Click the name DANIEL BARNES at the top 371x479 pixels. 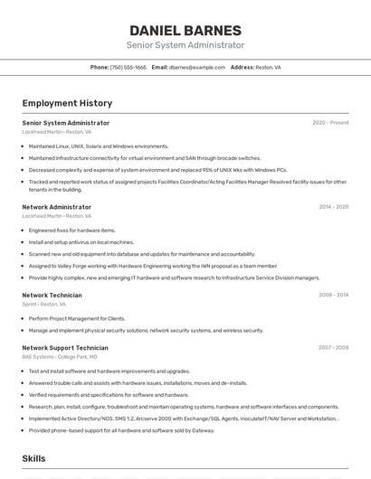185,30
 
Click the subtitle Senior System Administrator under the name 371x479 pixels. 185,45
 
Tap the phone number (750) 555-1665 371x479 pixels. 128,67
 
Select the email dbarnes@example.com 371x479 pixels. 196,67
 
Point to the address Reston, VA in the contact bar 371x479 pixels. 268,67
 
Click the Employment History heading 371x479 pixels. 67,103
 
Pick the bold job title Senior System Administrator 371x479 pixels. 65,123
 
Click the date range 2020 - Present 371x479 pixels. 330,123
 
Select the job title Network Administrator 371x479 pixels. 56,207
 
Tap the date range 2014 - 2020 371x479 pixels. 333,207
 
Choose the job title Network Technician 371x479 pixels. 52,295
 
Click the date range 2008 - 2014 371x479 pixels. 333,295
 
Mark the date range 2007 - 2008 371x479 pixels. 333,348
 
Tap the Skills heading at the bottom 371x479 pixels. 33,458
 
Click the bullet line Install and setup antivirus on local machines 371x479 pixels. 81,242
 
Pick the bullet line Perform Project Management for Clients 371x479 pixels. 77,318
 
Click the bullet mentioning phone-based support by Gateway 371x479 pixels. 121,430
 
